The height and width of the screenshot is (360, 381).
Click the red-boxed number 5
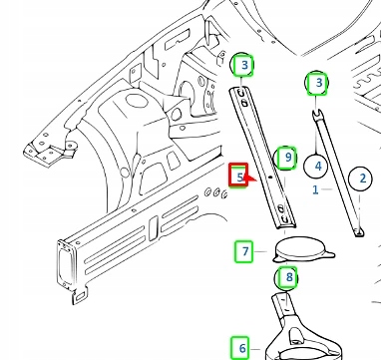click(239, 177)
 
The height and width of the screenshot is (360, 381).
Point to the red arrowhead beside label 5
click(250, 180)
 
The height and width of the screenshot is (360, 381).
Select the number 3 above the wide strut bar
click(241, 67)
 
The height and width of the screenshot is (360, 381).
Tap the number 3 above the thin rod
click(317, 82)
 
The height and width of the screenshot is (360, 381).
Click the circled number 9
click(287, 157)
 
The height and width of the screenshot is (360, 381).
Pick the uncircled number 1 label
click(315, 188)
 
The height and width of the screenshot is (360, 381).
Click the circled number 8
click(287, 276)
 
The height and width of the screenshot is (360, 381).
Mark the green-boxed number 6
click(241, 348)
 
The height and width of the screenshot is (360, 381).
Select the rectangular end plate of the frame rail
click(69, 261)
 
